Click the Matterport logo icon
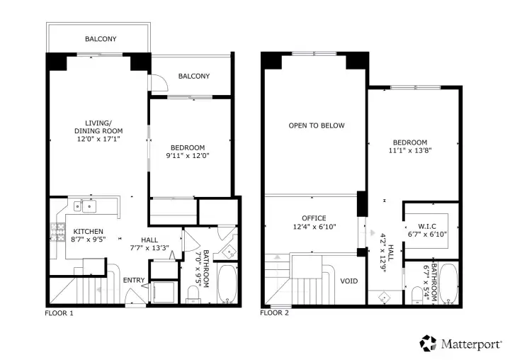428,343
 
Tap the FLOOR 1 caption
59,313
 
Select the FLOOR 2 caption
274,313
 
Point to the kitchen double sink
89,206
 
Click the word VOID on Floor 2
349,280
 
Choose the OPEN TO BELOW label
317,125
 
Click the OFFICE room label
313,218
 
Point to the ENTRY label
134,281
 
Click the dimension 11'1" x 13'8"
411,150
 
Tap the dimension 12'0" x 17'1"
98,140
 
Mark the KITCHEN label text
90,231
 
